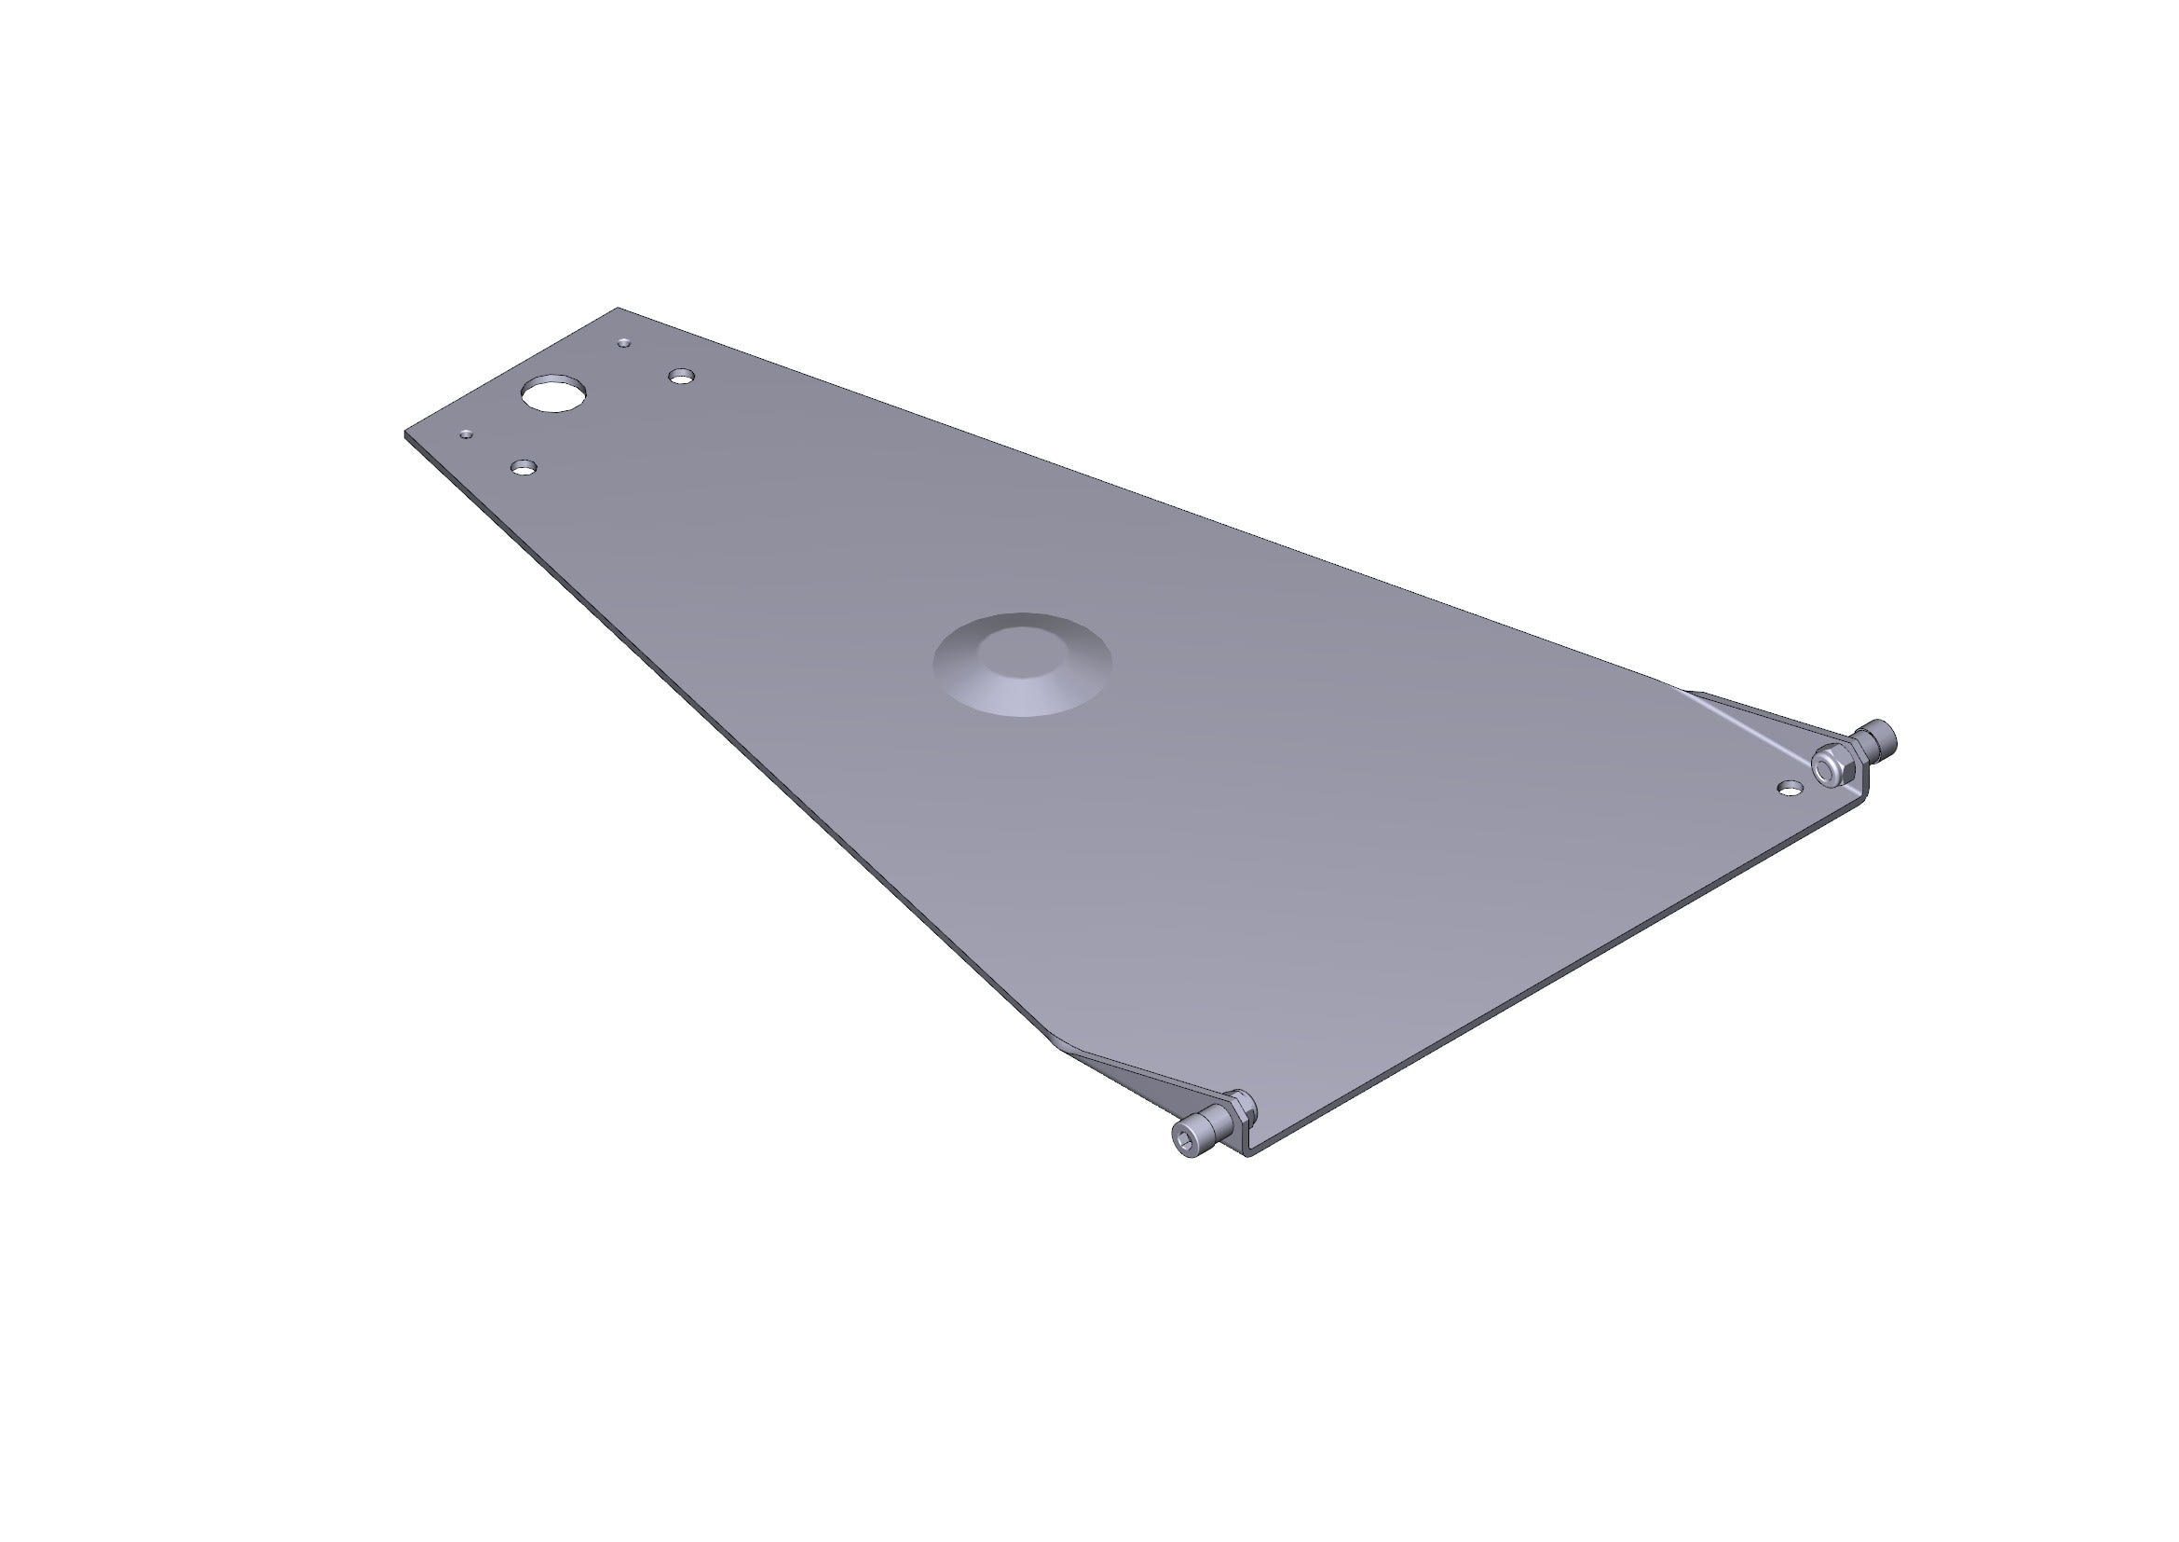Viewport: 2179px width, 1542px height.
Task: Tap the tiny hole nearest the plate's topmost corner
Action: coord(623,343)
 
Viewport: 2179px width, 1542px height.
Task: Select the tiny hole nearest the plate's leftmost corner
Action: coord(466,434)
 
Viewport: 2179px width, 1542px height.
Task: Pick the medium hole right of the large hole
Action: coord(680,377)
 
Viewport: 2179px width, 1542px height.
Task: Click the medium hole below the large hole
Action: coord(523,467)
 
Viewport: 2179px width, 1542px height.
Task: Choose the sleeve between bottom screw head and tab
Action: coord(1220,1122)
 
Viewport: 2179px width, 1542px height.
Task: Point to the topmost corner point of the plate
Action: coord(618,309)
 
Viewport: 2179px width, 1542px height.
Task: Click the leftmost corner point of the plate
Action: coord(406,433)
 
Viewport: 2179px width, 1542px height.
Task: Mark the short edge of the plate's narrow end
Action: coord(513,371)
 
